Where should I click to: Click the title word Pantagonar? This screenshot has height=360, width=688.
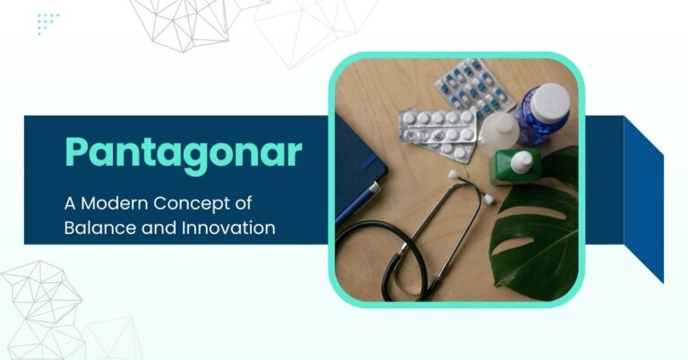coord(182,154)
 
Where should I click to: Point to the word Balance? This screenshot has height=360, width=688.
coord(95,227)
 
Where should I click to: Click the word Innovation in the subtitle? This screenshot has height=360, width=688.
coord(230,227)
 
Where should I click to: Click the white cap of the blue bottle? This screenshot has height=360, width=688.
coord(550,100)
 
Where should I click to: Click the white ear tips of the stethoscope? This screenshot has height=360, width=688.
coord(458,176)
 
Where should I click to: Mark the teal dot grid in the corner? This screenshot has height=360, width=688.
coord(48,23)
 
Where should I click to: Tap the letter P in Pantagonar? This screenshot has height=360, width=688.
coord(76,154)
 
